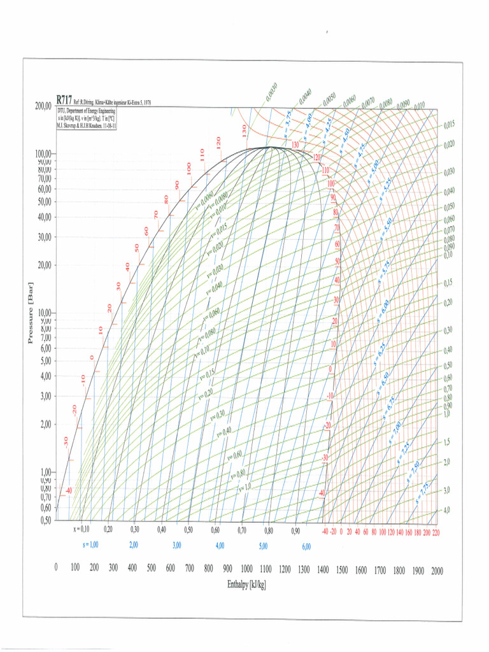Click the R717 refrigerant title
click(64, 100)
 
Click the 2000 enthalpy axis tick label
click(437, 571)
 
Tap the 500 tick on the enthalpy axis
click(151, 569)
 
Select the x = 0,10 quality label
click(81, 529)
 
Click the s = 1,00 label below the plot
click(90, 546)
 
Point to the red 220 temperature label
click(436, 531)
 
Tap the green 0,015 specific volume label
click(450, 124)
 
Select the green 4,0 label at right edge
click(446, 511)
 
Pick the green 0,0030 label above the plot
click(271, 93)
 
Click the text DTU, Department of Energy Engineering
click(85, 111)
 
